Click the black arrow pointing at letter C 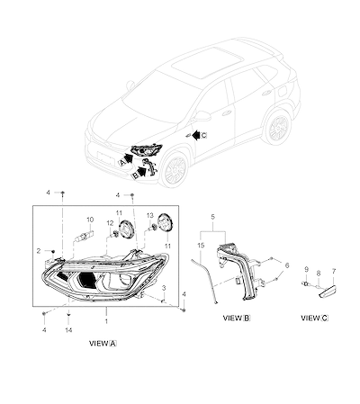click(x=195, y=135)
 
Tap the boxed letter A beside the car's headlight click(x=121, y=163)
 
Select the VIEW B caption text click(x=237, y=318)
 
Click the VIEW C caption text click(x=315, y=318)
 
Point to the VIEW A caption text click(x=103, y=344)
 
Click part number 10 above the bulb click(x=90, y=220)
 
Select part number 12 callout click(x=110, y=223)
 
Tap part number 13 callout click(x=150, y=215)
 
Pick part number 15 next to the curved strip click(x=201, y=246)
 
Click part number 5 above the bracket click(x=213, y=217)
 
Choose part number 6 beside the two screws click(x=287, y=265)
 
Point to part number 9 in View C click(x=306, y=270)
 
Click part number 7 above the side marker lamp click(x=334, y=271)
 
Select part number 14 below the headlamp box click(x=68, y=330)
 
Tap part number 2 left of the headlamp click(x=39, y=251)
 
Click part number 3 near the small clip click(x=164, y=288)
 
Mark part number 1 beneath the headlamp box click(x=106, y=321)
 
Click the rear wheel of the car click(x=278, y=128)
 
